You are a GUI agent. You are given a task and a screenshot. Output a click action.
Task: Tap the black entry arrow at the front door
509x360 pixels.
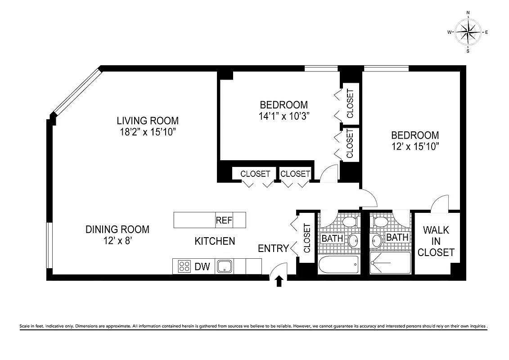coord(279,281)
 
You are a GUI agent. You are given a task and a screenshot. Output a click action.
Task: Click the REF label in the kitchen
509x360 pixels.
coord(224,220)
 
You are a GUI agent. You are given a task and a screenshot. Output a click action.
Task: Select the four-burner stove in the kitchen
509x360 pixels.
coord(184,266)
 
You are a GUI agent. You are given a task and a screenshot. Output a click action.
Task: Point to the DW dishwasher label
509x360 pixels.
coord(202,267)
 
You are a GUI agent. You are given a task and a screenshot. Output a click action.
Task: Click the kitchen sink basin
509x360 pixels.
coord(224,266)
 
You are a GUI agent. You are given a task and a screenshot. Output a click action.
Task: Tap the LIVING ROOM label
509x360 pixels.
coord(148,121)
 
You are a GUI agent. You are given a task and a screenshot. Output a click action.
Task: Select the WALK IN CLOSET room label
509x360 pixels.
coord(436,241)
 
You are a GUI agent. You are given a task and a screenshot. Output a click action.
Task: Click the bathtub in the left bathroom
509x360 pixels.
coord(338,264)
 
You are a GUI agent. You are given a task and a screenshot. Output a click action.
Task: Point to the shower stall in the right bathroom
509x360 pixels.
coord(390,263)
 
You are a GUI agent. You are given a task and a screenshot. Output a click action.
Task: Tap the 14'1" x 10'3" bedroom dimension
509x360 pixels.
coord(283,116)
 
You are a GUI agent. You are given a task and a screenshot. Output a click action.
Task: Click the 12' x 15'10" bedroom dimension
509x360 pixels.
coord(414,146)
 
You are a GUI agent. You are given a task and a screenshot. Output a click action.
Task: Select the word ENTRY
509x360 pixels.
coord(273,248)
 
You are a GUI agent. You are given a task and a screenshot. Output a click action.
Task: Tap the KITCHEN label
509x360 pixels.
coord(215,241)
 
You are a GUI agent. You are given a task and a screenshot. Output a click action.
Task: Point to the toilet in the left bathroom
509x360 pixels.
coord(350,221)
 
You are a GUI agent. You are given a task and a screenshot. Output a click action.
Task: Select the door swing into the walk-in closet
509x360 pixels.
coord(440,203)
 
